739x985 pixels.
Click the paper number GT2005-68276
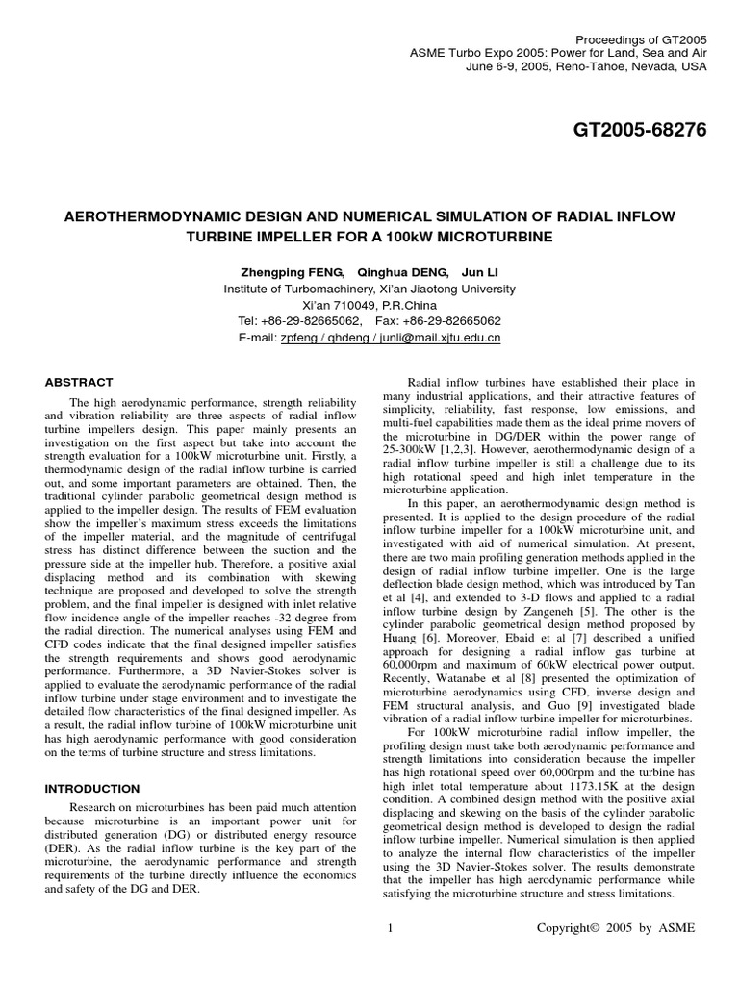pos(625,131)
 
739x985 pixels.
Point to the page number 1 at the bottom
pos(390,927)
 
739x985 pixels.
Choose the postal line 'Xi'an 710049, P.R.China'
pos(369,305)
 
